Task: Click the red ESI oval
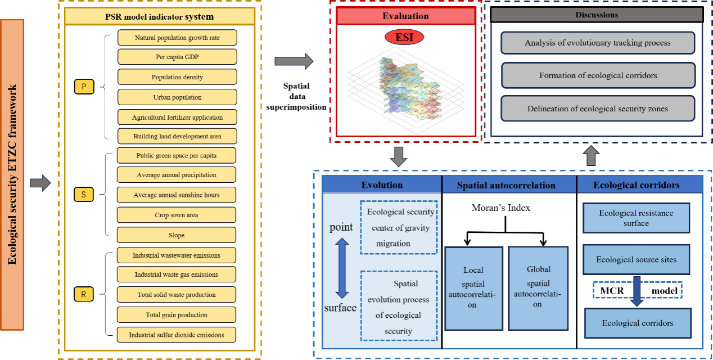[x=404, y=38]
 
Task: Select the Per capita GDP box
[x=177, y=57]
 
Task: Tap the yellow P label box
[x=84, y=87]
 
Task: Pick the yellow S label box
[x=84, y=195]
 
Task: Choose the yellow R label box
[x=84, y=294]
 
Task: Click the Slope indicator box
[x=176, y=235]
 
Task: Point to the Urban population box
[x=177, y=97]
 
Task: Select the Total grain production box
[x=176, y=315]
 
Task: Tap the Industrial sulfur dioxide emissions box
[x=176, y=335]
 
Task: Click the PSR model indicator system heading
[x=160, y=16]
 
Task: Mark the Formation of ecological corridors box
[x=598, y=75]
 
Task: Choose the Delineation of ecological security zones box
[x=598, y=109]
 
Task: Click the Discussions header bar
[x=597, y=15]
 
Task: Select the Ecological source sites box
[x=637, y=260]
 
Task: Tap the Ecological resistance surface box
[x=637, y=218]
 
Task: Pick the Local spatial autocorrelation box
[x=473, y=288]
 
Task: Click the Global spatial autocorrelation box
[x=538, y=288]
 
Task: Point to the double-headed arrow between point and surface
[x=342, y=268]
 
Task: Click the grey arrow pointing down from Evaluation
[x=398, y=156]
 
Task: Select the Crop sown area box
[x=176, y=215]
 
